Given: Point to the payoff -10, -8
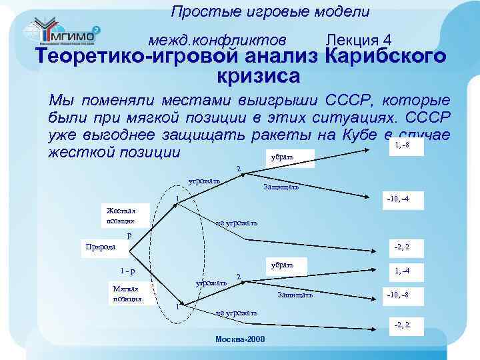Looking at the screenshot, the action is click(398, 294).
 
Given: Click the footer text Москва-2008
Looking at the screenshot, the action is click(240, 339).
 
